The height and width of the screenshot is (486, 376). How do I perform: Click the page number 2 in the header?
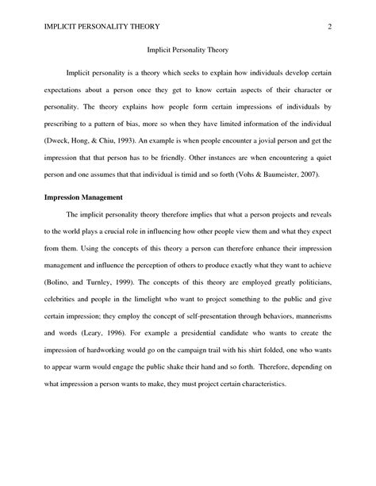tap(328, 28)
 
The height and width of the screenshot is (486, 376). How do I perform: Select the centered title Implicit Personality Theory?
tap(188, 52)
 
